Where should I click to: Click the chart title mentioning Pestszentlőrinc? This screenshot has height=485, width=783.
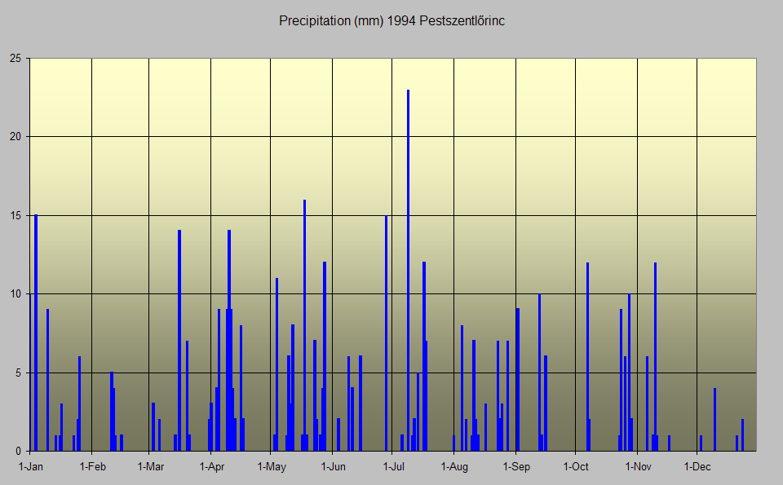point(391,21)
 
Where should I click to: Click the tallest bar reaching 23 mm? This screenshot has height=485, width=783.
point(408,269)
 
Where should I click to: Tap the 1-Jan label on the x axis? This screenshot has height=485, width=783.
point(30,467)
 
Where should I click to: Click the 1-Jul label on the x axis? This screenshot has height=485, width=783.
point(393,467)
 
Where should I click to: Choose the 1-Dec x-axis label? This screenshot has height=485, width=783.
point(697,467)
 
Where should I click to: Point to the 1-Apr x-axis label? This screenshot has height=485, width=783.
point(211,467)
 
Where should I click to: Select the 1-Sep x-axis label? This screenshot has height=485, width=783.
point(515,467)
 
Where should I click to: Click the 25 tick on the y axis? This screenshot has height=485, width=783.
point(15,59)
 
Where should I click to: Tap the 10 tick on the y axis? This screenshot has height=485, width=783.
point(15,293)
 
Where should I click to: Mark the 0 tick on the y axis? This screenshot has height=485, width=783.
point(18,451)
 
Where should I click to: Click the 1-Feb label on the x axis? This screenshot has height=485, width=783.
point(92,467)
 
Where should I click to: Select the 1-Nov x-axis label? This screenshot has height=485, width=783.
point(638,467)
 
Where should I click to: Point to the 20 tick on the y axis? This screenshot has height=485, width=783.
point(15,137)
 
